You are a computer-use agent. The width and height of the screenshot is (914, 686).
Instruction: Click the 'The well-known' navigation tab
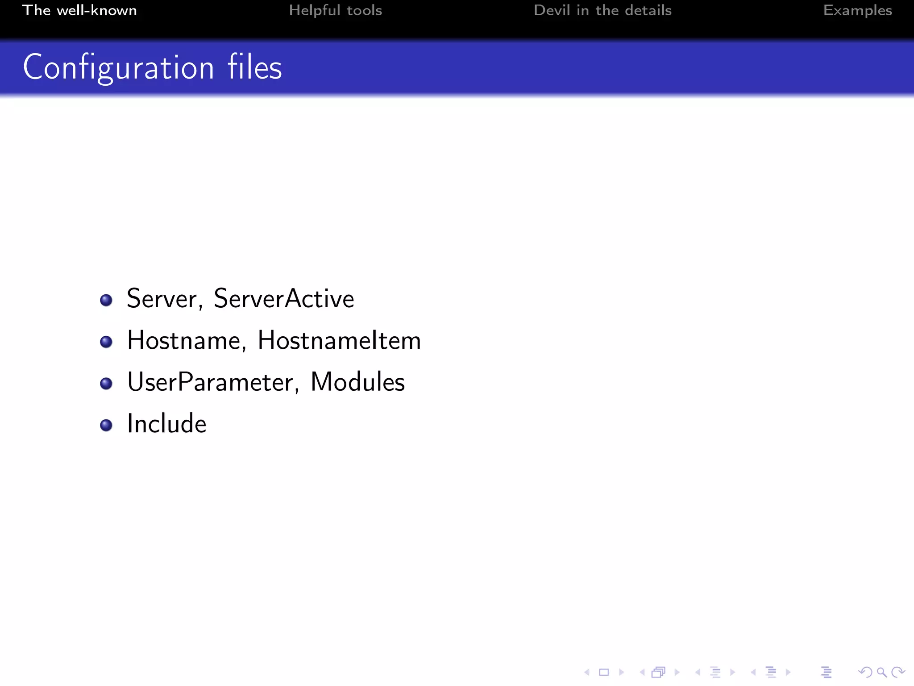tap(79, 10)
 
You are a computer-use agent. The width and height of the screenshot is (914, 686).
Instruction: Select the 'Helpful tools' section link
tap(335, 10)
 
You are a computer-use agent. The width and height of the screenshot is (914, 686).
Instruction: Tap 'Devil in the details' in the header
tap(602, 10)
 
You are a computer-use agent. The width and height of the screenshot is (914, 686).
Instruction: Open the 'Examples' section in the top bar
tap(857, 10)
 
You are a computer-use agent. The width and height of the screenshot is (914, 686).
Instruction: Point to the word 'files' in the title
tap(254, 67)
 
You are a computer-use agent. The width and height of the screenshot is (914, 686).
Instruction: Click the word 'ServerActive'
tap(284, 298)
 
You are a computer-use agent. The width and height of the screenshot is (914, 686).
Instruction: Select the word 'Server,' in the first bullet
tap(165, 299)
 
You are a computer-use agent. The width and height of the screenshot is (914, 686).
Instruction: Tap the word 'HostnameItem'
tap(339, 340)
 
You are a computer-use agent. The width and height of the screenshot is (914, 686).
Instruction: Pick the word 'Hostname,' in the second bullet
tap(187, 340)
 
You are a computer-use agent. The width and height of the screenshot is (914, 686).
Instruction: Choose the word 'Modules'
tap(357, 382)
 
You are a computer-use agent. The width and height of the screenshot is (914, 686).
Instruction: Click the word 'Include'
tap(166, 423)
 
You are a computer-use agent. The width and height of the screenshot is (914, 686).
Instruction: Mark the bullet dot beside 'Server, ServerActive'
tap(106, 300)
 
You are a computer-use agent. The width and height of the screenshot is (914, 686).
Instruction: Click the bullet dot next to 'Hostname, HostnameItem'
tap(106, 342)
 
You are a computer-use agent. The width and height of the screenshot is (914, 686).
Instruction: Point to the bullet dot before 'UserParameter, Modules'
tap(106, 384)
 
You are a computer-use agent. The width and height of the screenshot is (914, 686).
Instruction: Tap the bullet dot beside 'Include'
tap(106, 425)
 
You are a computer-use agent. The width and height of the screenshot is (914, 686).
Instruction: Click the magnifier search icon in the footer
tap(881, 672)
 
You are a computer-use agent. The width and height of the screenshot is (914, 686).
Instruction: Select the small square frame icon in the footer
tap(604, 672)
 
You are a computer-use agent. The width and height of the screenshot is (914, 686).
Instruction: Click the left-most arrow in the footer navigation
tap(587, 672)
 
